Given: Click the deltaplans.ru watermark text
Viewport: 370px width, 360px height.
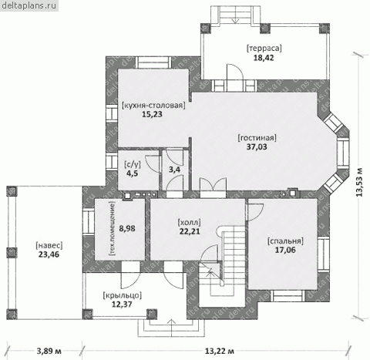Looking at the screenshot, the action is coord(29,5).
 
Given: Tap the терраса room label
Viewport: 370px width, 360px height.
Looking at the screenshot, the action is coord(264,48).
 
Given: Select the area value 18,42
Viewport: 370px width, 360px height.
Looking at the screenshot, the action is coord(264,58).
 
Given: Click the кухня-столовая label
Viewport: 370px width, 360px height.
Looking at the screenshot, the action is coord(153,106).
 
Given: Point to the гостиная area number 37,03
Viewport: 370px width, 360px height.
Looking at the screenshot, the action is coord(257,146).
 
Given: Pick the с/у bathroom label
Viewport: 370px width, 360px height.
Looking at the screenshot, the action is coord(133,164).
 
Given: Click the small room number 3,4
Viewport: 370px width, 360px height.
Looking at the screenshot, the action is coord(174,170).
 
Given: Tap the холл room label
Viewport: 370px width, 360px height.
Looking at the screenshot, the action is coord(190,222).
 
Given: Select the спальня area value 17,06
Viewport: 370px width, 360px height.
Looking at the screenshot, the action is coord(285,250).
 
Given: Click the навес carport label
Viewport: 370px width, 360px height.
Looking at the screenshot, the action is coord(49,245).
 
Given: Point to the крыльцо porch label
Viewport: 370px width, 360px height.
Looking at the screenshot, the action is coord(122,295).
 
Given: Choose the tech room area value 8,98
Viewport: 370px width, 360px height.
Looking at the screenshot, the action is coord(127,228).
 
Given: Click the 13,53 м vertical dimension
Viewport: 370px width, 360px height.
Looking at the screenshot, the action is coord(359,183).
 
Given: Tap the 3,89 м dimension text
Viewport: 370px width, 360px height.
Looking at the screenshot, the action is coord(49,351).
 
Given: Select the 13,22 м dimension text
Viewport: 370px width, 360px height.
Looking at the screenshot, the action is coord(219,351).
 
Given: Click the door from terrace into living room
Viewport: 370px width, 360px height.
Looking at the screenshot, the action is coord(235,76).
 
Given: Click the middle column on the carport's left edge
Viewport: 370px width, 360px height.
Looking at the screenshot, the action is coord(12,253).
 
